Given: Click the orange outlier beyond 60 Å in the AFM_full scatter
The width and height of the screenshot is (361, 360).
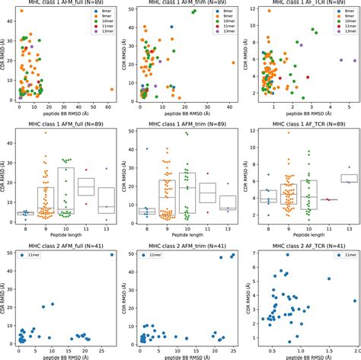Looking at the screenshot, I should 112,89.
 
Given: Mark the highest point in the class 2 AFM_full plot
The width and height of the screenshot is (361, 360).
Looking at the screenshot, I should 112,254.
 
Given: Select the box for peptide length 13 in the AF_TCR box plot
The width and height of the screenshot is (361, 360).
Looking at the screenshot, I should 349,178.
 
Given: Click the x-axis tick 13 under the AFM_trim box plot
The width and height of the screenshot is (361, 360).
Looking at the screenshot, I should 228,227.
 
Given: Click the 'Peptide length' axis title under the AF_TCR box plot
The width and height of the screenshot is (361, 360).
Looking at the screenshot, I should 306,235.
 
